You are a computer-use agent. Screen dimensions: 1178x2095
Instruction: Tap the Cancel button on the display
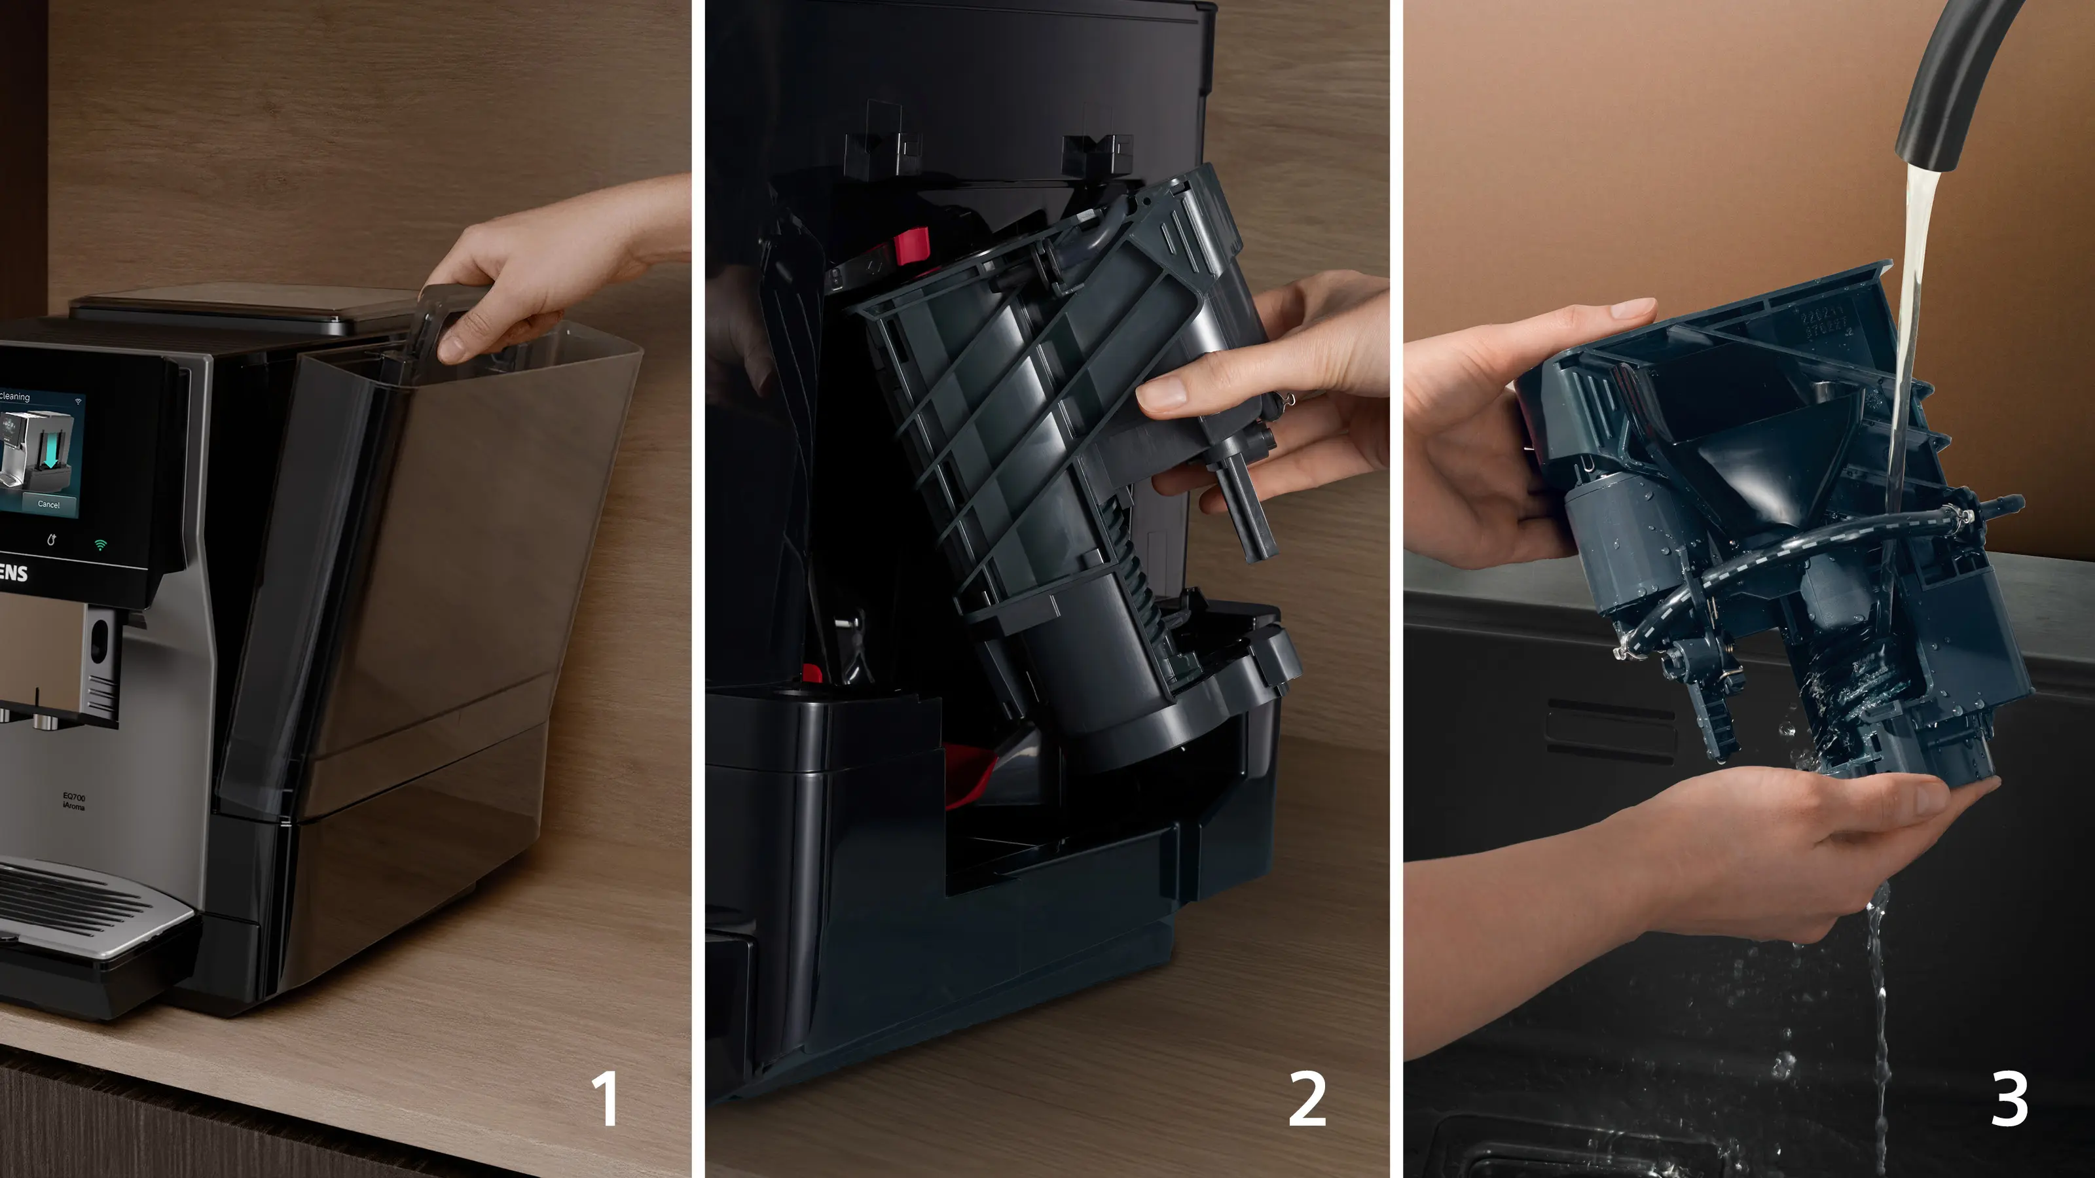(49, 504)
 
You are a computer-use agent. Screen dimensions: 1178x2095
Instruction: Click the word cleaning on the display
(14, 397)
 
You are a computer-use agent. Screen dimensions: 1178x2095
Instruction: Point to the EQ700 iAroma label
(73, 801)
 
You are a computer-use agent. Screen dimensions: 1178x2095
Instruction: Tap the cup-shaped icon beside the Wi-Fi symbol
(52, 540)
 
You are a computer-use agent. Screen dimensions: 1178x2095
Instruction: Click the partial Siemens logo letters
(13, 573)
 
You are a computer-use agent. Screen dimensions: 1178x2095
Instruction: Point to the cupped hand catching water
(1830, 846)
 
